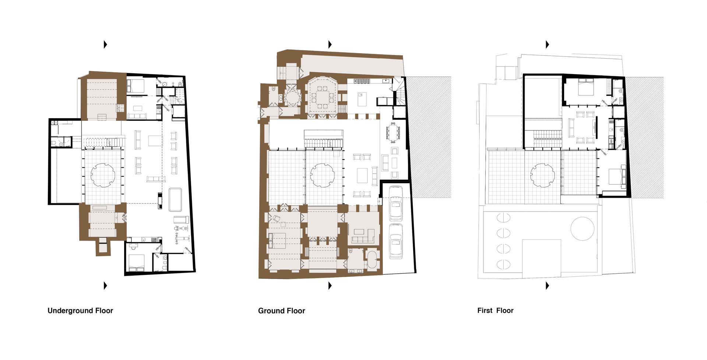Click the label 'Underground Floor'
pyautogui.click(x=80, y=311)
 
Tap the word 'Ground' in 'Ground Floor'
pyautogui.click(x=271, y=311)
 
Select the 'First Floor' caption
pyautogui.click(x=495, y=311)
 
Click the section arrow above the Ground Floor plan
pyautogui.click(x=330, y=45)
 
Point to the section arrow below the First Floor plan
pyautogui.click(x=547, y=286)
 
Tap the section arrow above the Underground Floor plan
pyautogui.click(x=105, y=45)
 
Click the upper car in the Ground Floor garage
pyautogui.click(x=395, y=203)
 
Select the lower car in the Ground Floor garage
pyautogui.click(x=396, y=241)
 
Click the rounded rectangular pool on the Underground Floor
pyautogui.click(x=175, y=199)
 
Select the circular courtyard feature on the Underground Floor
pyautogui.click(x=102, y=175)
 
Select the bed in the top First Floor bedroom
pyautogui.click(x=585, y=87)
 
